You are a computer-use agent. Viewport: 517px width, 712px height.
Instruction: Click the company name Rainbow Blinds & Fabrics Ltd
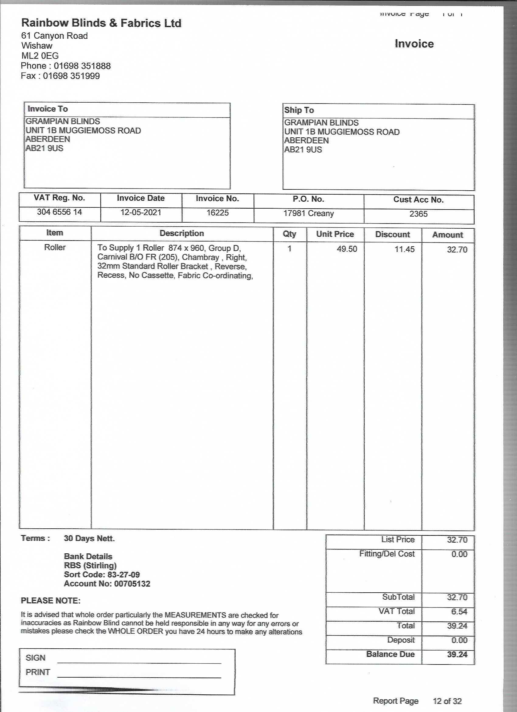(101, 23)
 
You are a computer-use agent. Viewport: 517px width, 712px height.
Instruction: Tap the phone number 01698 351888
(82, 66)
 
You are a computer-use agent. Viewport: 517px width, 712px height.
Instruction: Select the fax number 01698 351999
(71, 76)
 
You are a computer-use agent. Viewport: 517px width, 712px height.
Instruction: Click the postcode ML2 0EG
(40, 56)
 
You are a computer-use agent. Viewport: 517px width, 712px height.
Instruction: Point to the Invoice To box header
(48, 109)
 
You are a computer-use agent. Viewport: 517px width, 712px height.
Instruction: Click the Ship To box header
(299, 110)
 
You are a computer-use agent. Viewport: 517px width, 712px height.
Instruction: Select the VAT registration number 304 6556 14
(59, 212)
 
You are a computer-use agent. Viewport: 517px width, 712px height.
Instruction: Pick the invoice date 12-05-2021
(141, 213)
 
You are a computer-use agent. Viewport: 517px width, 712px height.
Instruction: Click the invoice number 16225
(217, 213)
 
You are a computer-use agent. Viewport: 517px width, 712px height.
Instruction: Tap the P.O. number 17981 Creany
(308, 213)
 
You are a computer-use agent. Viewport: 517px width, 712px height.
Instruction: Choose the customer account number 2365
(418, 214)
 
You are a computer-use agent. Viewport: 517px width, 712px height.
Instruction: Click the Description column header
(182, 233)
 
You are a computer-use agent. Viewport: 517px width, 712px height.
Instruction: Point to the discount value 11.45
(404, 249)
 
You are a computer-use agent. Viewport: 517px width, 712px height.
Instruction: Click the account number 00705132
(132, 584)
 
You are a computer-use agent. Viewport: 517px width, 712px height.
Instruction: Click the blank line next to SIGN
(139, 661)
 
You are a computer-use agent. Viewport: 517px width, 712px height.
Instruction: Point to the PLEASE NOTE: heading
(50, 601)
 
